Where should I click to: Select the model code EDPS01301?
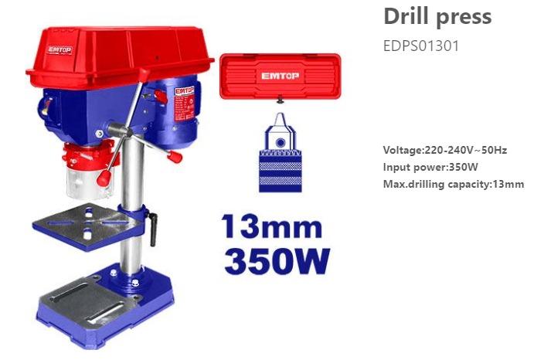tap(421, 46)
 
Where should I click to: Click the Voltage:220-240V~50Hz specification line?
tap(444, 150)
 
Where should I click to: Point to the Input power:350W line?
tap(430, 167)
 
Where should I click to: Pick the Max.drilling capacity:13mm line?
tap(454, 184)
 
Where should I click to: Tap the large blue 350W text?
tap(277, 261)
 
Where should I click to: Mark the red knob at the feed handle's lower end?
tap(175, 156)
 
